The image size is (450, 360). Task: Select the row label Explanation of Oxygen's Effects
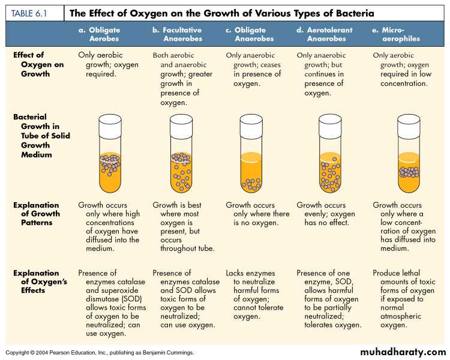click(37, 281)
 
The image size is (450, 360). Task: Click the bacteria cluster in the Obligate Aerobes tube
click(109, 160)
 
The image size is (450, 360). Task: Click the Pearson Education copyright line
click(100, 353)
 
